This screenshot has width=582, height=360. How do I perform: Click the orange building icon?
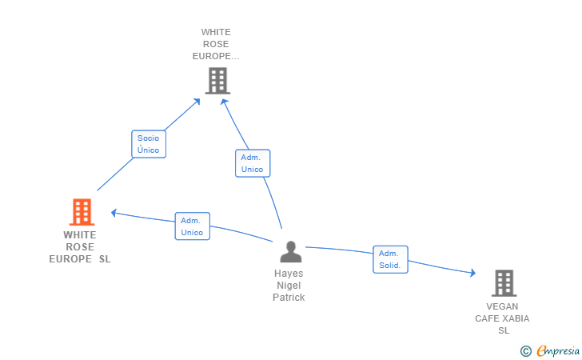(x=82, y=212)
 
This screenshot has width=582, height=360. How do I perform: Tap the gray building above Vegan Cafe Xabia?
(x=504, y=283)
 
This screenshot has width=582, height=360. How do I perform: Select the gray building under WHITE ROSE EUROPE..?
(x=217, y=81)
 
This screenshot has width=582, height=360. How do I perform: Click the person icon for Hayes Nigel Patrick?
(x=291, y=251)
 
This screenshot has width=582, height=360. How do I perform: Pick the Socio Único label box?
(x=149, y=144)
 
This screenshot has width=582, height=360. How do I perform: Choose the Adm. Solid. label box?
(x=390, y=259)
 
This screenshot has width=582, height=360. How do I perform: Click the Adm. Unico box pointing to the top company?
(x=253, y=163)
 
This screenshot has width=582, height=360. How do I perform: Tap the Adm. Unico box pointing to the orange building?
(x=192, y=226)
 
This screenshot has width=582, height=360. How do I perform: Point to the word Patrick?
(x=289, y=298)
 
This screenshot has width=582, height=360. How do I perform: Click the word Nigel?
(x=289, y=286)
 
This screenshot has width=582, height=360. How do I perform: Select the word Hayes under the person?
(x=289, y=274)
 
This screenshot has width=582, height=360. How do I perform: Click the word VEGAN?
(x=502, y=306)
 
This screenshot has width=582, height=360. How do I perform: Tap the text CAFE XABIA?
(x=502, y=318)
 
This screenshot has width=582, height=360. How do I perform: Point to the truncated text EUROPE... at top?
(x=216, y=56)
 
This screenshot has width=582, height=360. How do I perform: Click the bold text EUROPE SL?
(x=80, y=259)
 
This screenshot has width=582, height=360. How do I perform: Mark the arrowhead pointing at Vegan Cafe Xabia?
(x=473, y=273)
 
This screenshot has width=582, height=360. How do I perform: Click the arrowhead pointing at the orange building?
(x=114, y=213)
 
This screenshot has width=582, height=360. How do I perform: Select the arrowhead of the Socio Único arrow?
(x=197, y=102)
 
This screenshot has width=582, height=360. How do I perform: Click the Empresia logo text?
(x=558, y=350)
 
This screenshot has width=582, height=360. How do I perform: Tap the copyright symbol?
(x=525, y=351)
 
